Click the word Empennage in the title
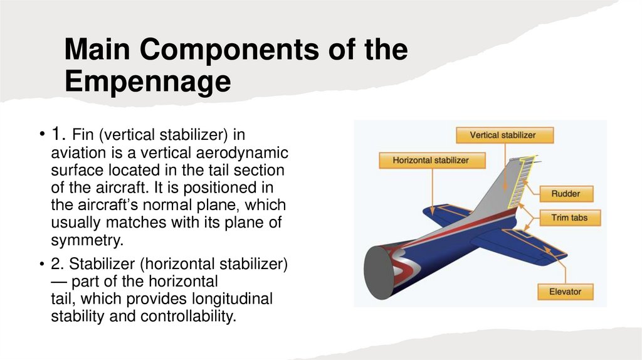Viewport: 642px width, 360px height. [148, 83]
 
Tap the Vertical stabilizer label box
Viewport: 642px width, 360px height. [503, 135]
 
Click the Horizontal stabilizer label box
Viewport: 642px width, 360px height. [431, 160]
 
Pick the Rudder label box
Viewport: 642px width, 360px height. [566, 194]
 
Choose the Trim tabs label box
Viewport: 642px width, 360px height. [567, 218]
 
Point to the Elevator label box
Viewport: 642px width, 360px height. [565, 292]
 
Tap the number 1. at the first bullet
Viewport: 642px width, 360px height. [58, 134]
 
